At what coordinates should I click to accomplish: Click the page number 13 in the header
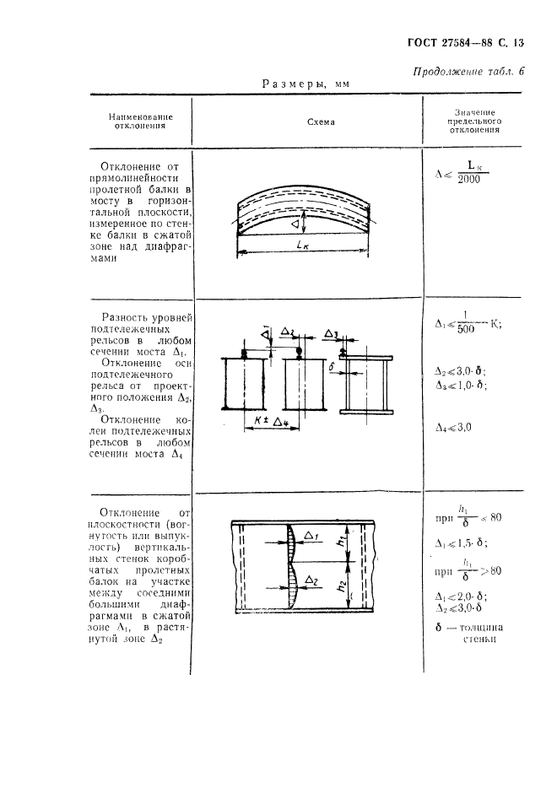point(518,41)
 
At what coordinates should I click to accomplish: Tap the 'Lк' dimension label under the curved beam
point(306,244)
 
